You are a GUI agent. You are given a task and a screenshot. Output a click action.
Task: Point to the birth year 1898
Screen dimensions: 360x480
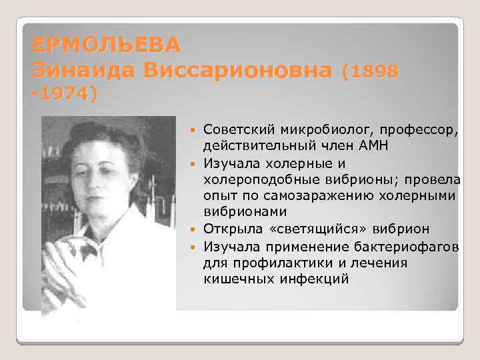click(374, 70)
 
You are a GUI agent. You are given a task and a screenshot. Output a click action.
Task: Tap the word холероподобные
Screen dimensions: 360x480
click(265, 179)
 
